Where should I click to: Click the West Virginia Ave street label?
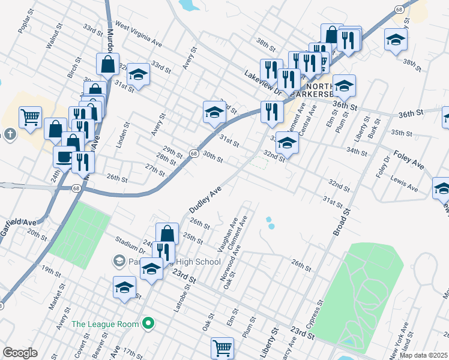(139, 35)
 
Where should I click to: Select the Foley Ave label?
(409, 159)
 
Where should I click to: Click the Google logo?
(20, 353)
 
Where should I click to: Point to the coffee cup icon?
(63, 157)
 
